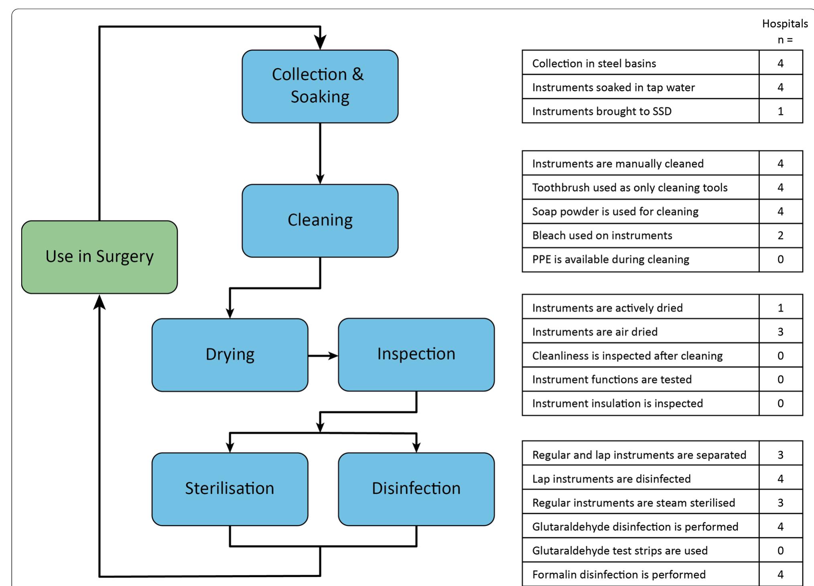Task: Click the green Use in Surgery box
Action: coord(99,257)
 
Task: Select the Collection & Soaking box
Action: coord(320,86)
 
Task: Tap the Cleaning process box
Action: coord(320,221)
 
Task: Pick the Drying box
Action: coord(230,355)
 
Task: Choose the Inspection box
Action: coord(416,355)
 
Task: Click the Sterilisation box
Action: coord(230,489)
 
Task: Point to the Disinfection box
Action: coord(416,489)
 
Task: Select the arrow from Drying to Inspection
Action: coord(323,355)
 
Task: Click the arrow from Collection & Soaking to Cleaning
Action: coord(320,154)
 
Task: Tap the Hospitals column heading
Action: coord(785,24)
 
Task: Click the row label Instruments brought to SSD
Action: coord(602,111)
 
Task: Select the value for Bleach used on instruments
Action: coord(781,235)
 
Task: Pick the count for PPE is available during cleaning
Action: coord(781,259)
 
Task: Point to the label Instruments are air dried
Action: coord(595,332)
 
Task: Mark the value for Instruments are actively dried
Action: coord(781,308)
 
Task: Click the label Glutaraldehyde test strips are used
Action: coord(620,550)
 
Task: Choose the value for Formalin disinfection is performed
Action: coord(781,574)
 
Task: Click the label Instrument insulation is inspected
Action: coord(617,403)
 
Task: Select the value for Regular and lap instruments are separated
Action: coord(781,455)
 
